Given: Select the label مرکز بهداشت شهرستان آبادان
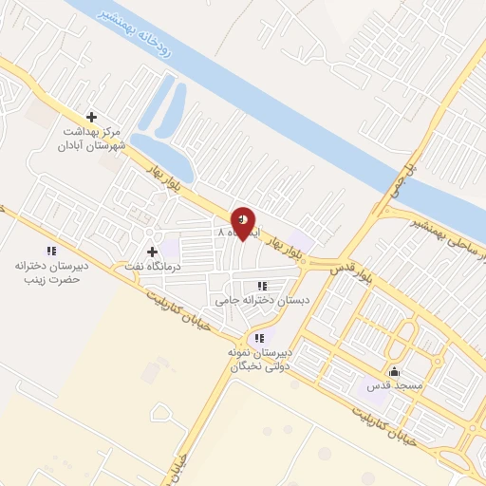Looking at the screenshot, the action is (x=91, y=140).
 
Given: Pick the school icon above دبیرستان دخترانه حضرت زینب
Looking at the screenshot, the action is (x=48, y=252).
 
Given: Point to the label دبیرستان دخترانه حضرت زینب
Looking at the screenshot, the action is (x=48, y=273).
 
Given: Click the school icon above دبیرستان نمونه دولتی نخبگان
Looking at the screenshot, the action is (x=258, y=338).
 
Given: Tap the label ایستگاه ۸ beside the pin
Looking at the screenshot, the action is (x=231, y=232).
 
